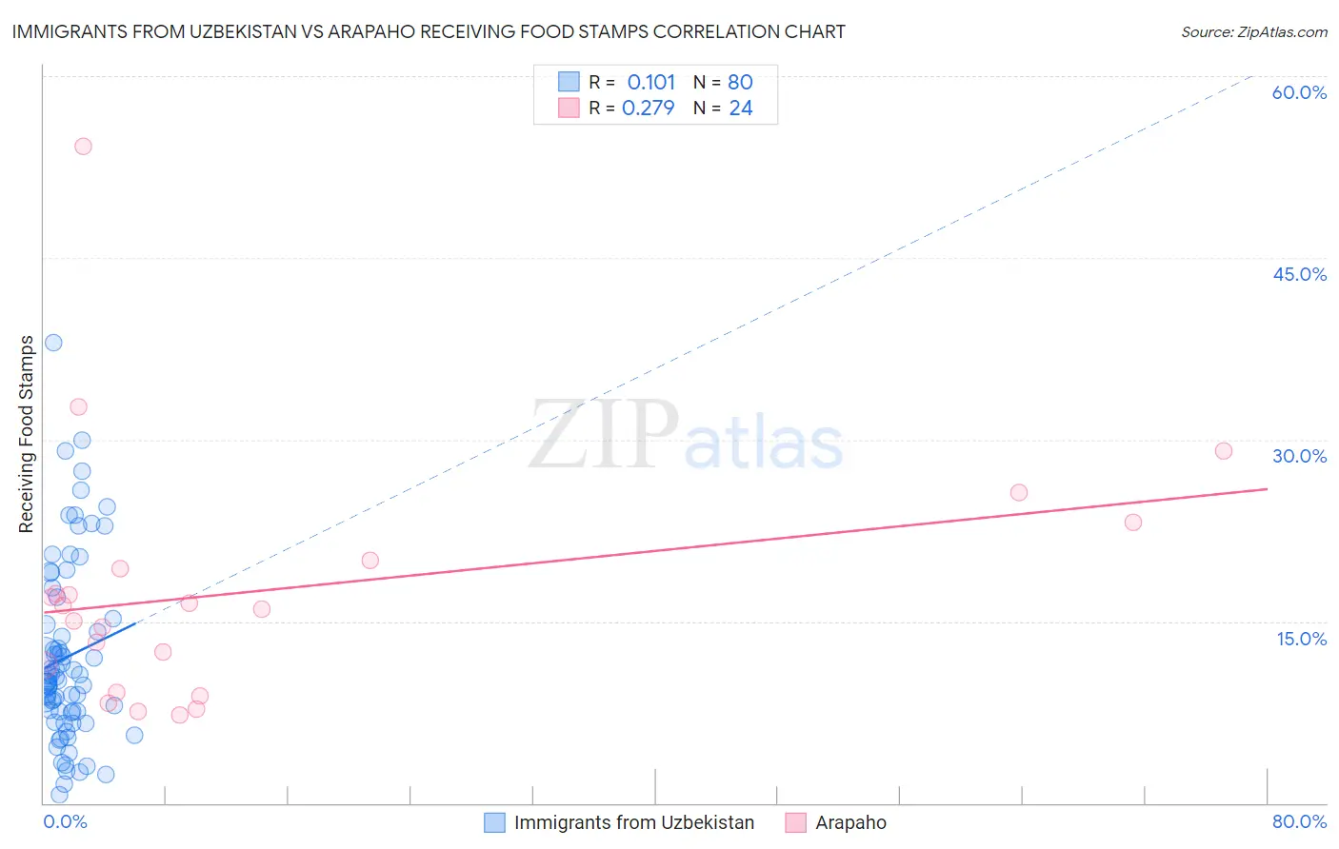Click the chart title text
429,31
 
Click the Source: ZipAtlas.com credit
1253,31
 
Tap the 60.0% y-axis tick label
1299,92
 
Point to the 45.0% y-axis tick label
1299,274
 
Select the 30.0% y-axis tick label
1299,456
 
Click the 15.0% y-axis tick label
1301,638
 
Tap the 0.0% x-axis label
65,821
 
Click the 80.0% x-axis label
1299,821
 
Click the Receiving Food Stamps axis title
27,434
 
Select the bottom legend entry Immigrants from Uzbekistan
633,822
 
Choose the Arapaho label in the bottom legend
850,822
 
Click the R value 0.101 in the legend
650,82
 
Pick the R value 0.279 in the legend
648,108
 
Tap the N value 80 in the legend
740,82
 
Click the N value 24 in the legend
740,108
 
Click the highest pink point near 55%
83,146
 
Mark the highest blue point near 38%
53,343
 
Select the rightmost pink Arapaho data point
1224,451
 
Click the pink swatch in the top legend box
569,108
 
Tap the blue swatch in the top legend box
569,82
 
